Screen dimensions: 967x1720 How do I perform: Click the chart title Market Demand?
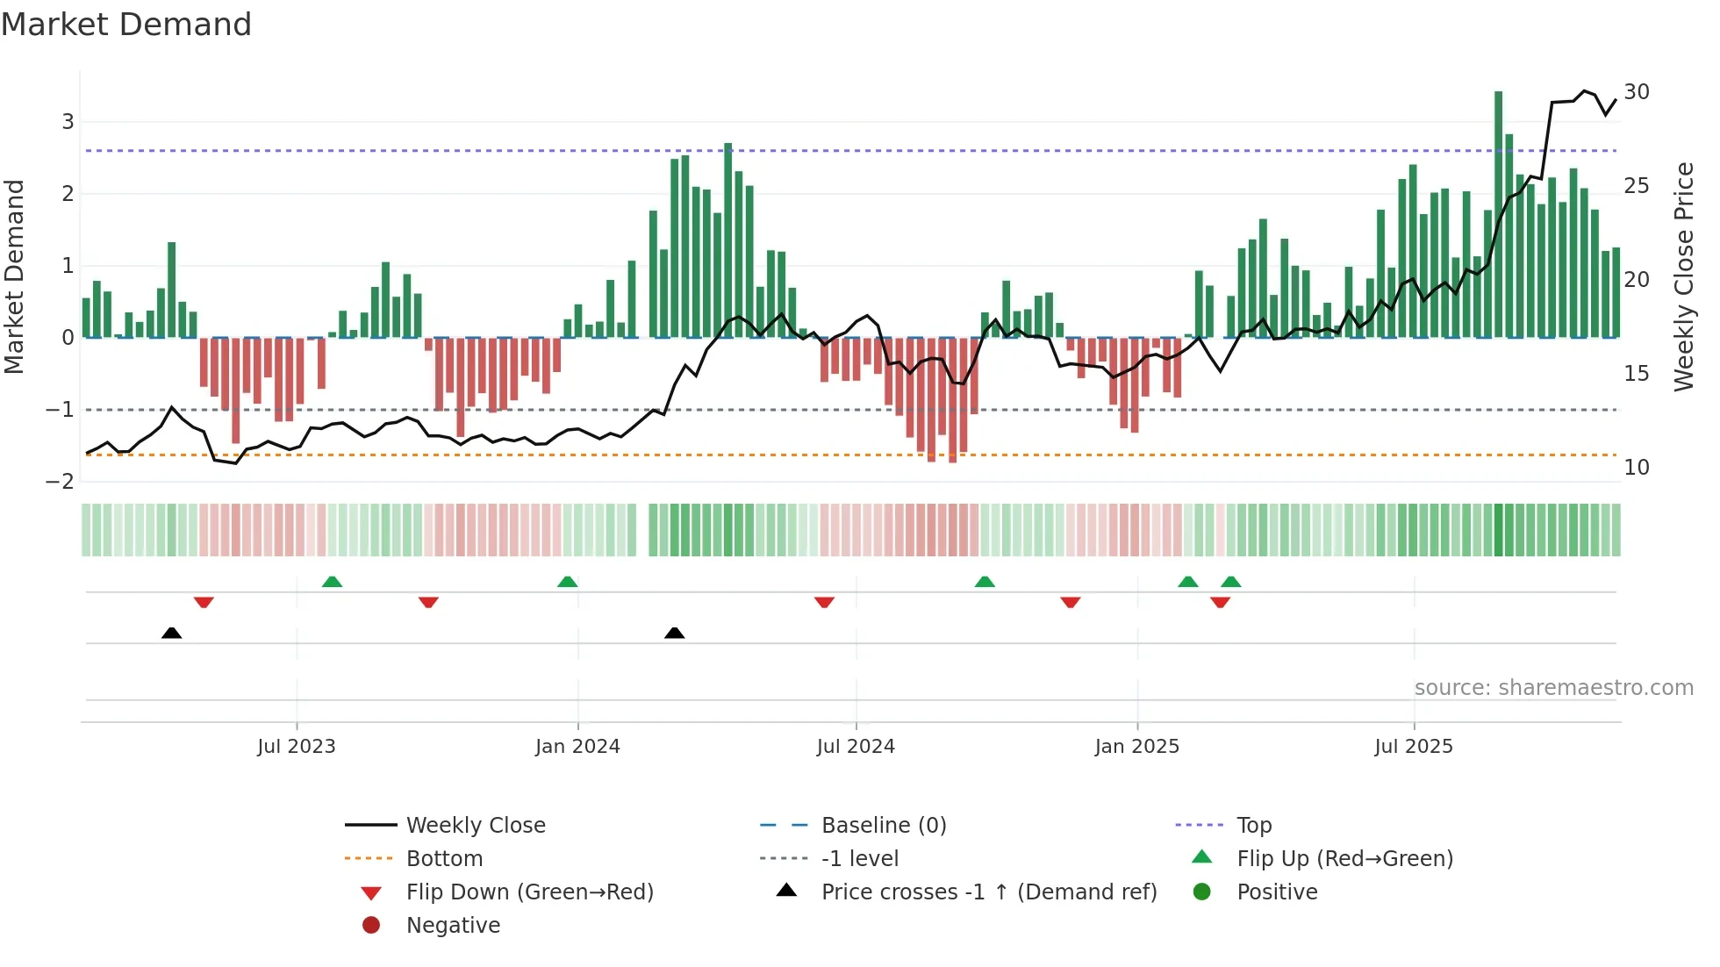coord(126,25)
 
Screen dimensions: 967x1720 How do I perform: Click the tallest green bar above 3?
coord(1498,211)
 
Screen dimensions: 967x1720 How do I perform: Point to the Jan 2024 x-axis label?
coord(577,747)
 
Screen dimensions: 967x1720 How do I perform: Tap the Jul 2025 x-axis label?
coord(1413,747)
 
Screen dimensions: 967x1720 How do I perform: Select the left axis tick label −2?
coord(60,482)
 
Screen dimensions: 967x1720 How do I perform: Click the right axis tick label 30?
coord(1636,92)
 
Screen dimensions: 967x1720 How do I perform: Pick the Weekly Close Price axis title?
coord(1683,276)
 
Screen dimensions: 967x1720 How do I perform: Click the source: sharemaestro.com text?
coord(1553,688)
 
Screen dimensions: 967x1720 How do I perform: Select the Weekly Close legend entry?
coord(475,826)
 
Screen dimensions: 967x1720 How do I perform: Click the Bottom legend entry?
coord(444,859)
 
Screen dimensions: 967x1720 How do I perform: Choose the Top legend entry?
coord(1253,826)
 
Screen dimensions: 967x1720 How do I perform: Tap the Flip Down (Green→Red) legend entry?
coord(529,892)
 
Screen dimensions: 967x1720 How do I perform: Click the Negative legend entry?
coord(453,926)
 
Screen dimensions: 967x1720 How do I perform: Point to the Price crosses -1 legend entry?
coord(988,892)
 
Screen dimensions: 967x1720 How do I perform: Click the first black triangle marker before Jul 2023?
coord(172,634)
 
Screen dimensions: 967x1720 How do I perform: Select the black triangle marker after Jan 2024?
coord(674,634)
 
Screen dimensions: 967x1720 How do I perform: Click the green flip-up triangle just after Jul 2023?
coord(332,582)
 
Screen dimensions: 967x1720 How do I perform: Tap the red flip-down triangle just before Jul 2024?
coord(824,602)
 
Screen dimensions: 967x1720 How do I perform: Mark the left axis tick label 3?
coord(68,122)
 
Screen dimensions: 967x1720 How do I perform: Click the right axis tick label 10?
coord(1636,468)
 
